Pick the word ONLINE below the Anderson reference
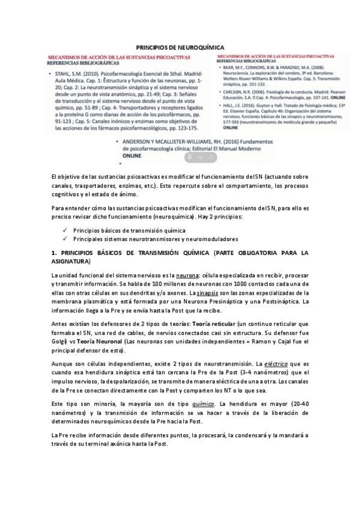pos(132,155)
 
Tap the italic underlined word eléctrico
pos(269,364)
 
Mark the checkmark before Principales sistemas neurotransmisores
pos(65,239)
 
